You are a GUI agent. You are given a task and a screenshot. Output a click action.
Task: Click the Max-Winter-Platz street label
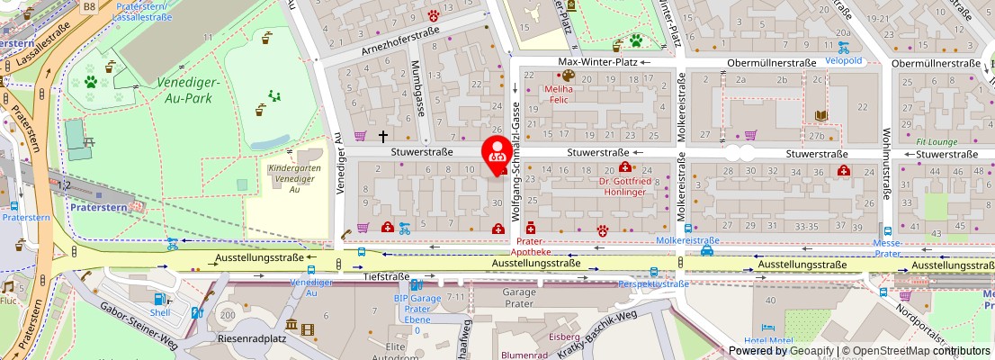(x=597, y=62)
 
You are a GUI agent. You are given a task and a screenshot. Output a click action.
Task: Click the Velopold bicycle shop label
(x=844, y=61)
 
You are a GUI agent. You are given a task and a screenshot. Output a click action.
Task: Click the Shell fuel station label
(x=160, y=312)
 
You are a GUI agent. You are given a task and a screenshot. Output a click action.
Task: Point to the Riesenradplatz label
(x=251, y=339)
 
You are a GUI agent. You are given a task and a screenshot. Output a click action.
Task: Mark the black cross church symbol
(x=382, y=137)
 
